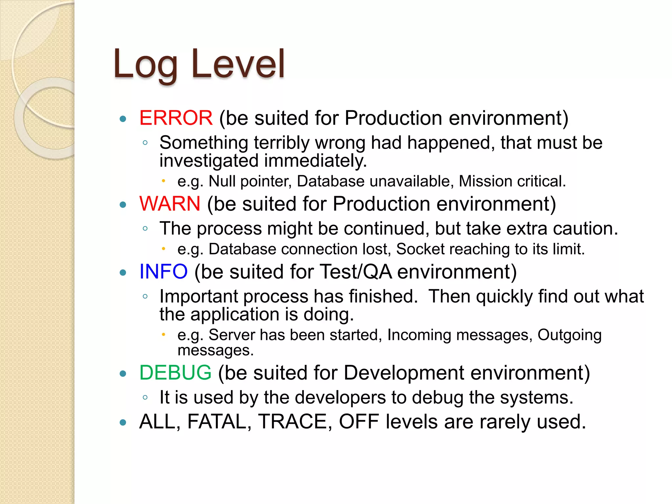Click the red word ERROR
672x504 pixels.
(x=176, y=118)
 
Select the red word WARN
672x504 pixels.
(x=170, y=204)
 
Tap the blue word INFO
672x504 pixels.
(x=163, y=272)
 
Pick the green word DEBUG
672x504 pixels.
(x=175, y=373)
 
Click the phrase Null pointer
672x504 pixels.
(x=250, y=181)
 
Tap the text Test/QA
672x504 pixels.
(x=355, y=272)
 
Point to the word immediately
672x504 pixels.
(x=315, y=161)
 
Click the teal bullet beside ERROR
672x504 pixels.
(x=123, y=119)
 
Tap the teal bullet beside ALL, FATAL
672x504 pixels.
(x=123, y=423)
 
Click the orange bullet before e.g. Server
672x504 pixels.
(x=163, y=335)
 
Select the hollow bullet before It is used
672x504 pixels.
(x=145, y=398)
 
